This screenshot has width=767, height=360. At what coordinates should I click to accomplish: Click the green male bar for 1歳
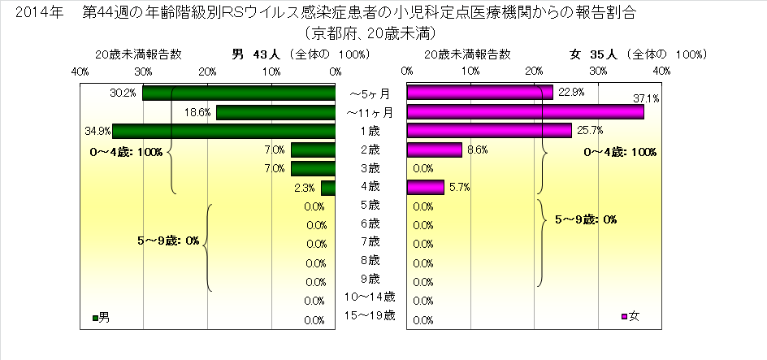223,131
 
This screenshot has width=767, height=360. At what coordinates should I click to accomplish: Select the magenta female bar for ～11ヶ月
525,111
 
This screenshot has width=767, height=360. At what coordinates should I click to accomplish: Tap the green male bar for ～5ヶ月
239,93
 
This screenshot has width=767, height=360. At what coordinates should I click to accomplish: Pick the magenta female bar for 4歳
425,188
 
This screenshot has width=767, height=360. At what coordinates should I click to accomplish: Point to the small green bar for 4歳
328,188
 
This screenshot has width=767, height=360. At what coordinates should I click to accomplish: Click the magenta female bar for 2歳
434,150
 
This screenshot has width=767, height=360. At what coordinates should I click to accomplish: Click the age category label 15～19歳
370,315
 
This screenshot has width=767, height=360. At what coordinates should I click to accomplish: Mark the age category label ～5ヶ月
370,93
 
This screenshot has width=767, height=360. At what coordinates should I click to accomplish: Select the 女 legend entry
630,317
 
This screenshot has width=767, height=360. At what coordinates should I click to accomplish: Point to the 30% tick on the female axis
598,72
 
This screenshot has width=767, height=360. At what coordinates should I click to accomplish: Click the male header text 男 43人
256,54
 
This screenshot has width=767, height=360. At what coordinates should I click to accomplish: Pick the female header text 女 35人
594,54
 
